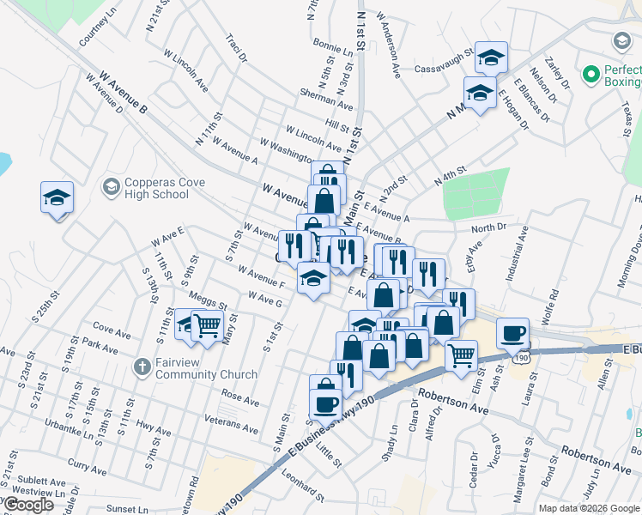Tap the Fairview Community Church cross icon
[141, 367]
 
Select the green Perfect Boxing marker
[590, 75]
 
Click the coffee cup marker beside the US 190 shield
[512, 333]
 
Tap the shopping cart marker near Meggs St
[207, 325]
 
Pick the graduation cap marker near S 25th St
[57, 198]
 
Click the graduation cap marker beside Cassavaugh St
[491, 58]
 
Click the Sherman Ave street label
[326, 99]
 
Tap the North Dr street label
[488, 228]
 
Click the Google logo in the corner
[28, 506]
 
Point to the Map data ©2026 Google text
[589, 508]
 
